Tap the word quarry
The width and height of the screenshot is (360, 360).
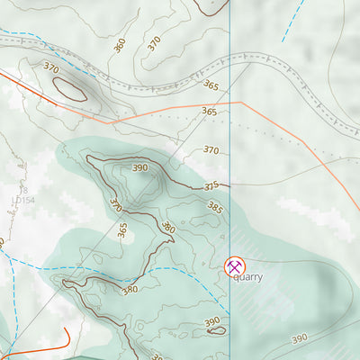pos(247,277)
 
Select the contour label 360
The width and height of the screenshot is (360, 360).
pos(120,44)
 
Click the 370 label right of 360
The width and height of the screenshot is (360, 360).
pos(154,42)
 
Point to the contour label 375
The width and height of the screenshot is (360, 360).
pos(211,186)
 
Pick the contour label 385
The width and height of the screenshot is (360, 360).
pos(214,206)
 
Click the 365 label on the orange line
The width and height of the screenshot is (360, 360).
pos(210,112)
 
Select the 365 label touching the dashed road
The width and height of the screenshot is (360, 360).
pos(211,85)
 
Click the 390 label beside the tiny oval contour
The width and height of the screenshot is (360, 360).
pos(211,321)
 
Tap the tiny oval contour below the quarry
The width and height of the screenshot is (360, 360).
pos(216,331)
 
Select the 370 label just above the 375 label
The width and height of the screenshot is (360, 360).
pos(211,150)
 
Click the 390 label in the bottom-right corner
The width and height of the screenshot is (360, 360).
pos(299,338)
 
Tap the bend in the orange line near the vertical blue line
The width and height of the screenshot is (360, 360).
pos(241,103)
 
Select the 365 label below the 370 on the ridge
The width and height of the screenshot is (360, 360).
pos(121,230)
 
